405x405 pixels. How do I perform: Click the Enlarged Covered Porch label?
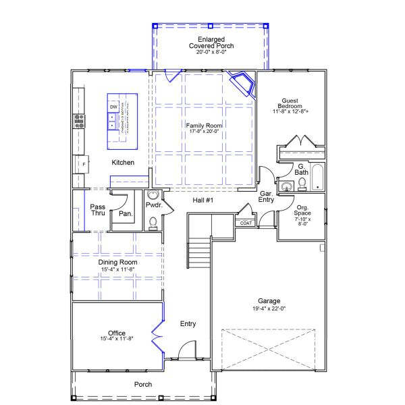click(211, 43)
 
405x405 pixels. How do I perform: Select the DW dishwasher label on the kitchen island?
click(113, 107)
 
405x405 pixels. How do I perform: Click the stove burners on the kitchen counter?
click(80, 122)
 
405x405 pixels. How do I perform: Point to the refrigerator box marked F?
click(84, 164)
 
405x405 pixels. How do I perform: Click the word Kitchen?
click(123, 163)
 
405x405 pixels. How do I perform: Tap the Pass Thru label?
click(98, 210)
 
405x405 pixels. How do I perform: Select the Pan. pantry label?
click(125, 214)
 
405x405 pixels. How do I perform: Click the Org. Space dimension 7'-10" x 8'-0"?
click(301, 221)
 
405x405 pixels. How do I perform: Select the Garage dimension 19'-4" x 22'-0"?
click(269, 308)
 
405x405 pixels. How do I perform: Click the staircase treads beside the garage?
click(199, 255)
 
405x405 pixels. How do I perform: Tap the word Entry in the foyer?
click(188, 324)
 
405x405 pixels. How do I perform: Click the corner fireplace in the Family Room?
click(242, 84)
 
